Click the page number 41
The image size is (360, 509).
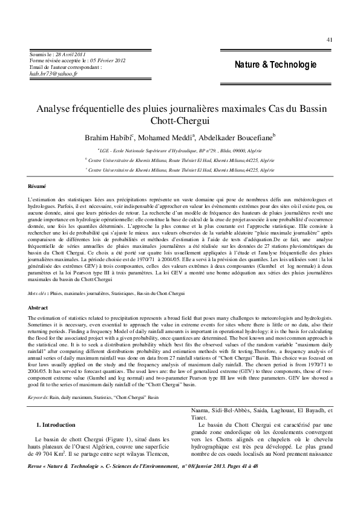(x=329, y=39)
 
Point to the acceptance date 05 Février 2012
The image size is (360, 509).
(x=109, y=61)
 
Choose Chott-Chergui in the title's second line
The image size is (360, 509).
(x=180, y=122)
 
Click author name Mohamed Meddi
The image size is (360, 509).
(x=169, y=138)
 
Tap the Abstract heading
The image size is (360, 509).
(x=38, y=308)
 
